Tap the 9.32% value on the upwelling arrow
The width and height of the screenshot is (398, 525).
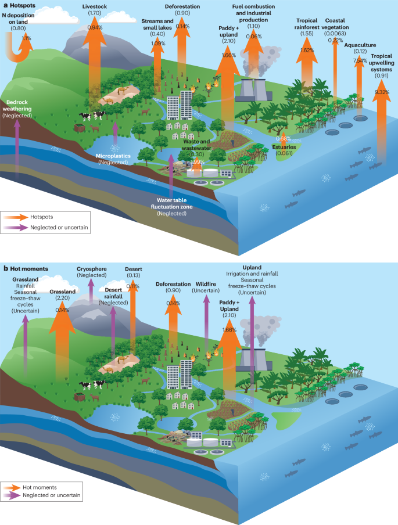tap(382, 92)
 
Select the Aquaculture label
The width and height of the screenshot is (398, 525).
tap(360, 44)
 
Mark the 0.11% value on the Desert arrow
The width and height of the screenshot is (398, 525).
tap(133, 286)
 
